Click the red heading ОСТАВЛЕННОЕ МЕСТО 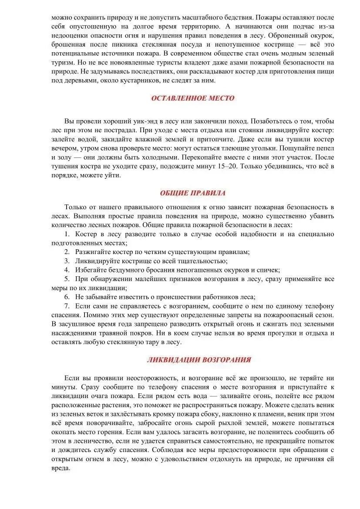point(192,98)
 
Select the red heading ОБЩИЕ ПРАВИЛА point(192,193)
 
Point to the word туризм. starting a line point(63,62)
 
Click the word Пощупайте point(288,148)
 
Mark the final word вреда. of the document point(61,468)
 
